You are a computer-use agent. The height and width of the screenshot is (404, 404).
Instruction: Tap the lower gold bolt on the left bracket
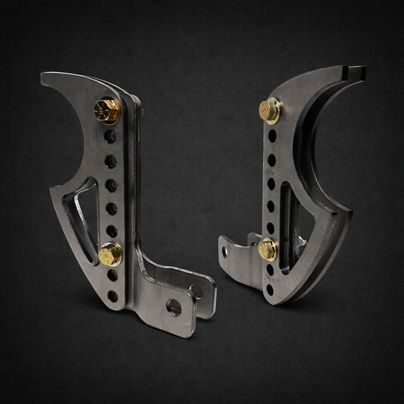pos(111,253)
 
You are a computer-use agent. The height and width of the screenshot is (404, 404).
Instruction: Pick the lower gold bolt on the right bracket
pos(267,249)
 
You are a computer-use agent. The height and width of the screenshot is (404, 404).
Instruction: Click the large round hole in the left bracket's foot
pos(174,305)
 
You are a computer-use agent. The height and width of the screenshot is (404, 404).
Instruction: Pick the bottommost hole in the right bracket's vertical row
pos(266,287)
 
